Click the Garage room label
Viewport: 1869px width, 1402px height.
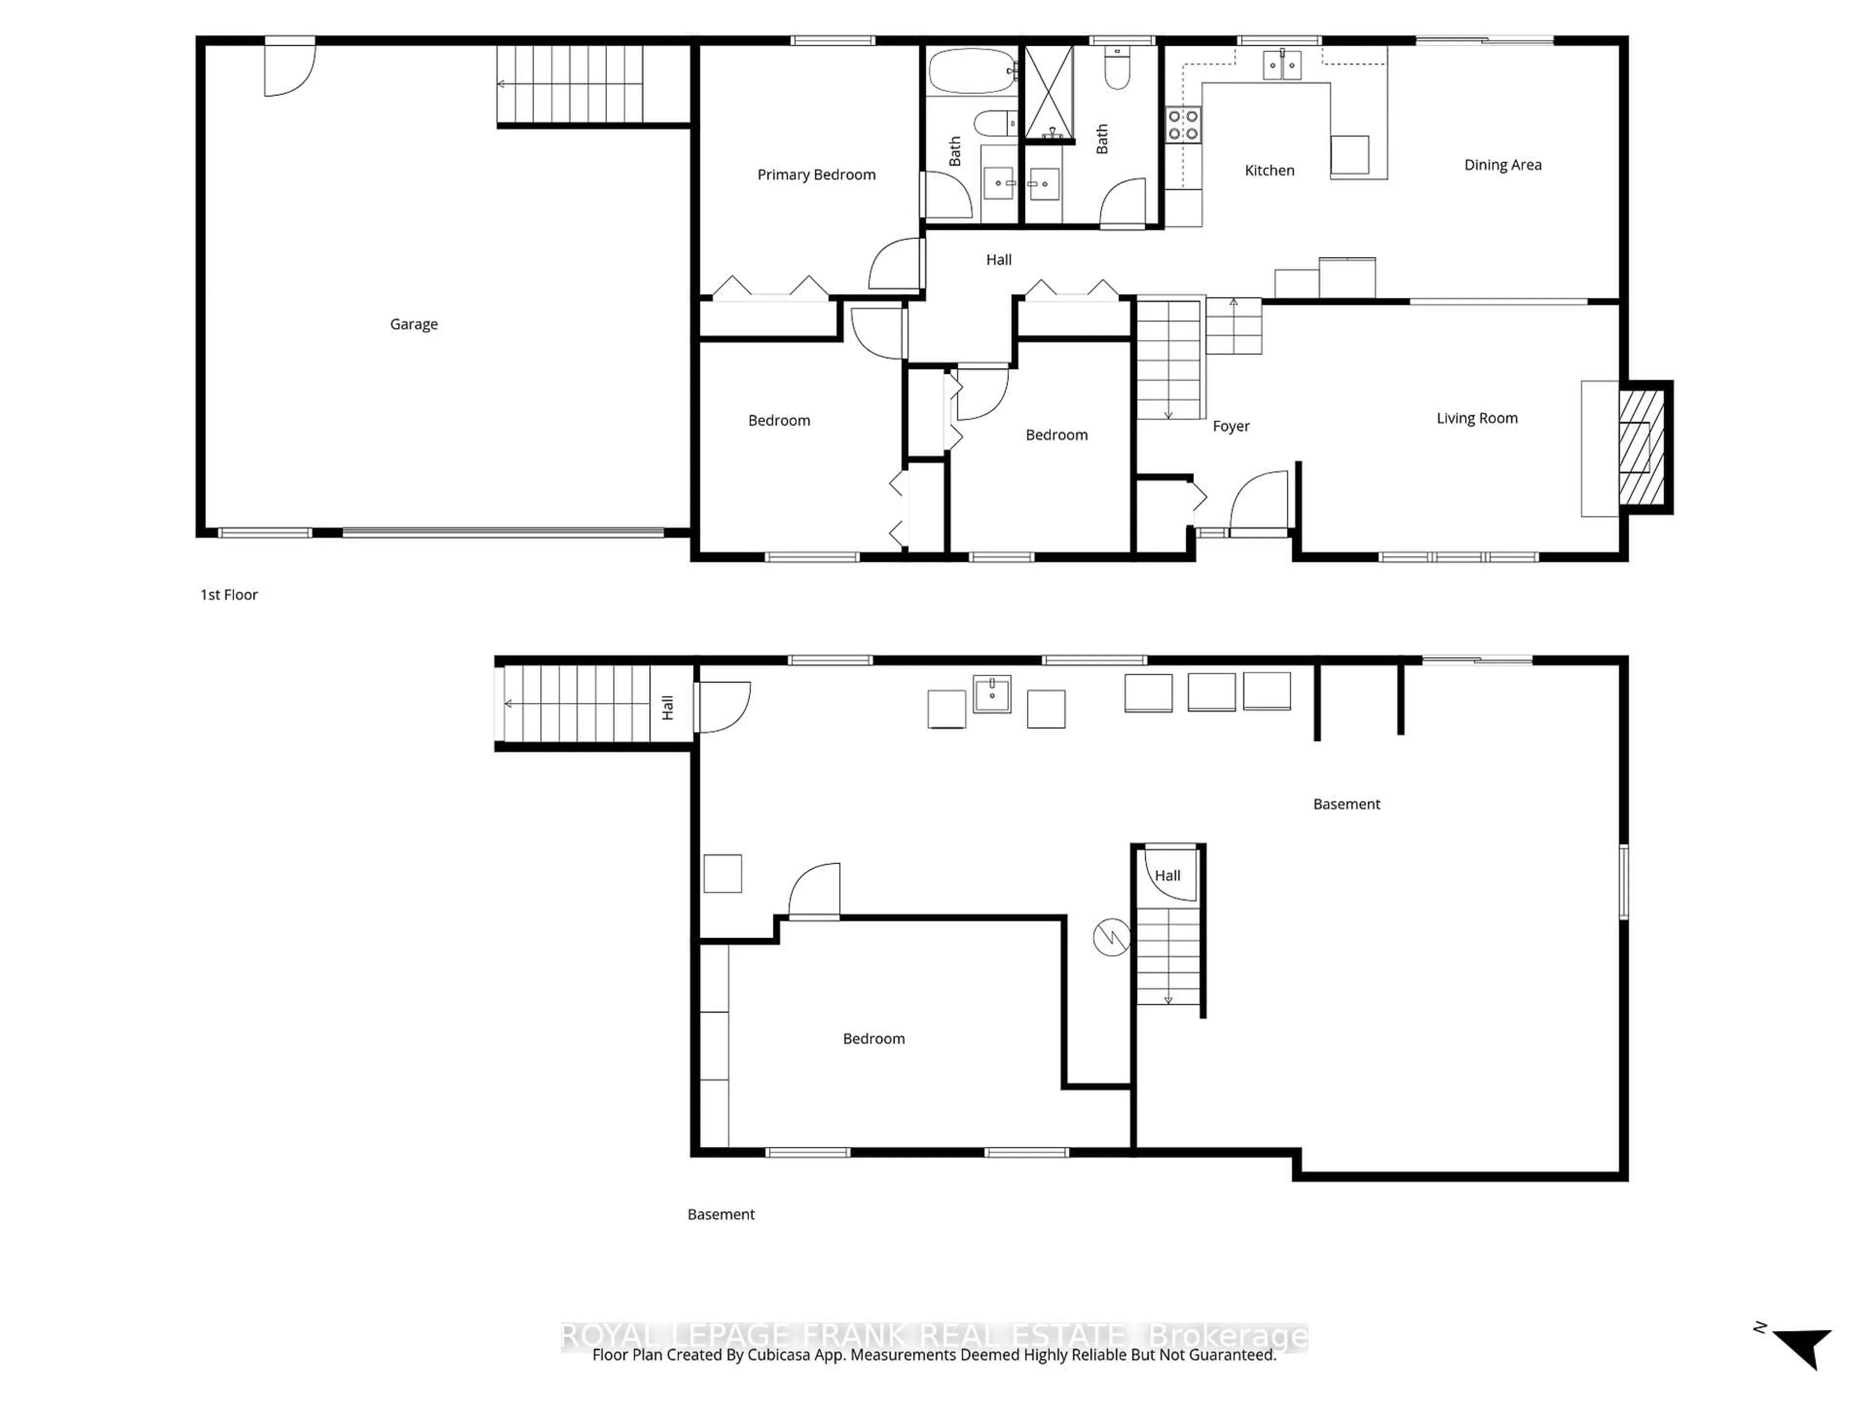[413, 324]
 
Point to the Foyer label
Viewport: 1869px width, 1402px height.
[1230, 426]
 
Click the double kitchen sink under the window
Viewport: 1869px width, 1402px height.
[1281, 64]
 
